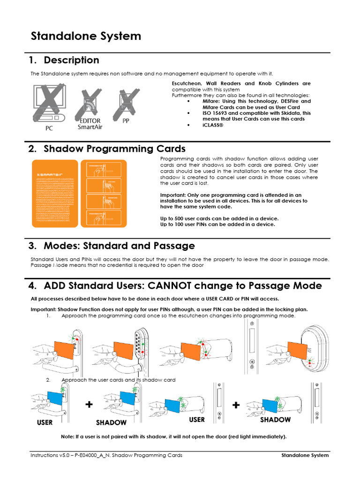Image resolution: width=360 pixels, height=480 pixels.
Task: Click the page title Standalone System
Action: coord(85,36)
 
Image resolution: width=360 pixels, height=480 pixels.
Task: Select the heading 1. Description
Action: coord(64,60)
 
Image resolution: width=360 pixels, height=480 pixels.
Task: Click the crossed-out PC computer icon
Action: coord(49,103)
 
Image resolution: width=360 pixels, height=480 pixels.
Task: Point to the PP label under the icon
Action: coord(126,120)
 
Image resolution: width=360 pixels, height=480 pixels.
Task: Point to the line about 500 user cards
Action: coord(219,218)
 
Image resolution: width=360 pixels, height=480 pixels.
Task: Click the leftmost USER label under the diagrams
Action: coord(45,422)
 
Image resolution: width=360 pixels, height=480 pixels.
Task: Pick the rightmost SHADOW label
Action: coord(275,420)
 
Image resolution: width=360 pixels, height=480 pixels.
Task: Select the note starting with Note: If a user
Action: coord(173,436)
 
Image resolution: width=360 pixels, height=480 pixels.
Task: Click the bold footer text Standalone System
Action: coord(305,455)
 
